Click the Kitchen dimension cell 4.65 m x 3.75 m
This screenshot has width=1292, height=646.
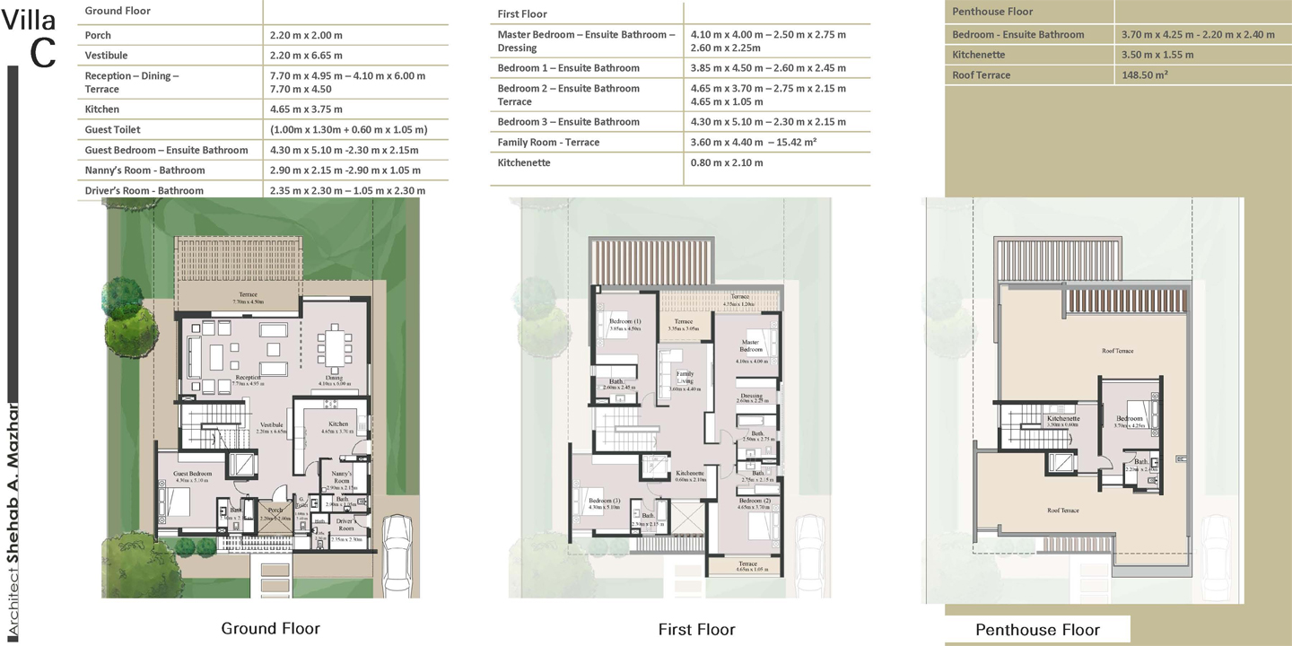pyautogui.click(x=306, y=109)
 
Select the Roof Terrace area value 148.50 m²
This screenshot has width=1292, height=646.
pyautogui.click(x=1144, y=75)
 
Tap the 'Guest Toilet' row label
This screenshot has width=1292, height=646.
pyautogui.click(x=112, y=130)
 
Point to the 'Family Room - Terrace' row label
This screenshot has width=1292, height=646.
pyautogui.click(x=548, y=143)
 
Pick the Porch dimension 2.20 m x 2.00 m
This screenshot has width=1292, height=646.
pyautogui.click(x=306, y=36)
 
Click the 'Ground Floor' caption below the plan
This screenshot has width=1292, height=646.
pyautogui.click(x=270, y=628)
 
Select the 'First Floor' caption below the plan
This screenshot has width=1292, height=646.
pyautogui.click(x=696, y=629)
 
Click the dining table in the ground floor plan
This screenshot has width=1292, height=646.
pyautogui.click(x=333, y=349)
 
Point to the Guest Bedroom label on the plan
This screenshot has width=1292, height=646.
pyautogui.click(x=193, y=474)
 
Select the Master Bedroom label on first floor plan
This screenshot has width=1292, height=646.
pyautogui.click(x=751, y=345)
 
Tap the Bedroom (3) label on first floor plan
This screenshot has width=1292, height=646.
pyautogui.click(x=600, y=500)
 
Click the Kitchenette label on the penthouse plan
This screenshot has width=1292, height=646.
pyautogui.click(x=1062, y=419)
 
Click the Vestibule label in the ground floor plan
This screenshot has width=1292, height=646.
pyautogui.click(x=271, y=425)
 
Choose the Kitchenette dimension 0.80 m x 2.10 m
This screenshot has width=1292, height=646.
pyautogui.click(x=727, y=163)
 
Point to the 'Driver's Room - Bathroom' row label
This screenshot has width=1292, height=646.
pyautogui.click(x=144, y=190)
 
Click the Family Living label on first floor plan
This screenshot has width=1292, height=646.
pyautogui.click(x=685, y=377)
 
